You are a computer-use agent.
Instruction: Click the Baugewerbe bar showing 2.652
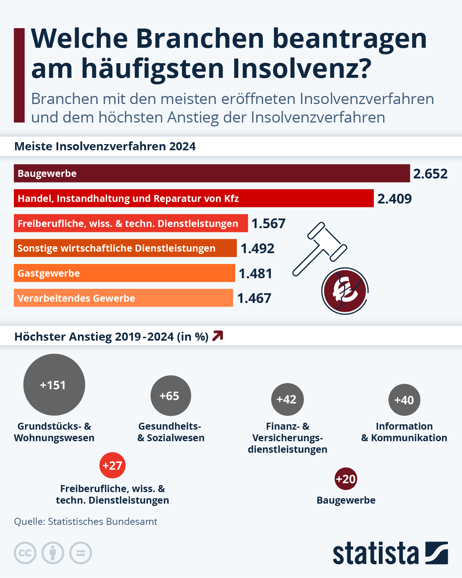pos(212,173)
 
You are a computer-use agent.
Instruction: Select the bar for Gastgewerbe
pos(124,273)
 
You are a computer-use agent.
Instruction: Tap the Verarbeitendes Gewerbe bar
pos(123,298)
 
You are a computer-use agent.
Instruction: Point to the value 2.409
pos(394,199)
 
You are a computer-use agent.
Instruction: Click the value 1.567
pos(268,223)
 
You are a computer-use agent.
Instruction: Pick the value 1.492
pos(257,249)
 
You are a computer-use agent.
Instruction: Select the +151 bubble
pos(54,385)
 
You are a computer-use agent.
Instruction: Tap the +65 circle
pos(171,396)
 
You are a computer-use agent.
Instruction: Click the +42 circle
pos(287,400)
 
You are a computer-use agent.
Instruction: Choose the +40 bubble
pos(404,400)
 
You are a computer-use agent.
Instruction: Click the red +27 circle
pos(112,465)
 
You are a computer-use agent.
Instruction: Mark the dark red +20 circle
pos(346,479)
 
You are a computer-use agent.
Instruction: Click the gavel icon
pos(320,249)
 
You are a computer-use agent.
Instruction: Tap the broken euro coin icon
pos(345,291)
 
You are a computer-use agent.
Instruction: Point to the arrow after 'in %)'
pos(218,336)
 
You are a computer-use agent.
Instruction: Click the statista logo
pos(390,553)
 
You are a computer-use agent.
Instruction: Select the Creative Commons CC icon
pos(25,553)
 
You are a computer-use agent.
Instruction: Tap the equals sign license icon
pos(80,553)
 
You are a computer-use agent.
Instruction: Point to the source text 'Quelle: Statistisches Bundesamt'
pos(85,521)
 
